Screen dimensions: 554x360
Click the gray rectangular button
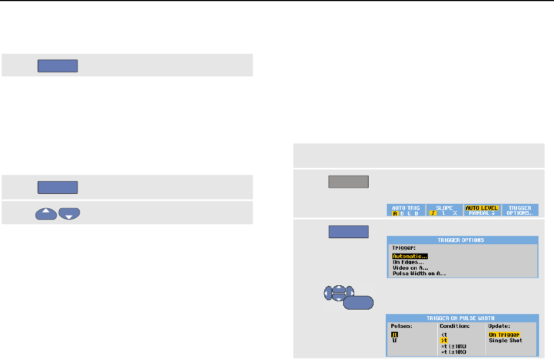pos(349,183)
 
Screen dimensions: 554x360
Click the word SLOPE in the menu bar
pos(443,208)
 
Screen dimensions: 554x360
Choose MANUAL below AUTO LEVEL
pos(479,213)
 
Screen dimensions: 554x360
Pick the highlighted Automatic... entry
pos(410,256)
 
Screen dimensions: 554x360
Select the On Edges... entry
pos(407,262)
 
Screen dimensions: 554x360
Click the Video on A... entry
pos(411,268)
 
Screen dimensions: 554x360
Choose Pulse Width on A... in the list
pos(419,273)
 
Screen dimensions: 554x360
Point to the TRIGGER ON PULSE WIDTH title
pos(462,318)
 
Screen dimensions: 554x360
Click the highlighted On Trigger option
pos(504,335)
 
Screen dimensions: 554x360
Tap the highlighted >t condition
pos(443,340)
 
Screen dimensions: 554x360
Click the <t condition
pos(443,335)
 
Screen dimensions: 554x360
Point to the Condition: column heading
pos(453,326)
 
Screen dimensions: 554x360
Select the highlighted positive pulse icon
pos(395,335)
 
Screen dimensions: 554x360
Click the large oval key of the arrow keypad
pos(358,302)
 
